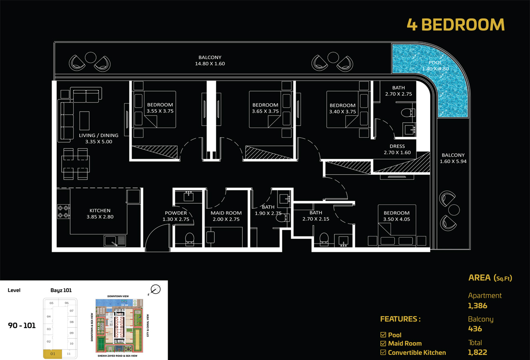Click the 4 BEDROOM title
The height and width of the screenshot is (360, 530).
coord(456,25)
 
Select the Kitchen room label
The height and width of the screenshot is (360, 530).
coord(100,210)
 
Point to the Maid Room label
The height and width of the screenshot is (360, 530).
coord(226,213)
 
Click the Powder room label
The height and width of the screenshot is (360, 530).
coord(176,213)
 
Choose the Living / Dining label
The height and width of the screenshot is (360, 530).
coord(98,136)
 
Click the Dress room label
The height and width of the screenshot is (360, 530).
coord(397,146)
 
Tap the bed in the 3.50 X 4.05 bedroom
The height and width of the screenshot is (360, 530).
coord(397,230)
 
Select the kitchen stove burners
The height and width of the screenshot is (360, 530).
coord(63,212)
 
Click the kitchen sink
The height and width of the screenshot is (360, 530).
coord(110,241)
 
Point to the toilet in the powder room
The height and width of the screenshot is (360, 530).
coord(190,239)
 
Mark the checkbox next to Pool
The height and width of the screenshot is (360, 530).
coord(383,335)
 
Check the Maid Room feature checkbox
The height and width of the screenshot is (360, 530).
coord(383,344)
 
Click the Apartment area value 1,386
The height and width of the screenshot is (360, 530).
coord(478,306)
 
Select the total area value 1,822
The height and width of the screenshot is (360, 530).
coord(478,353)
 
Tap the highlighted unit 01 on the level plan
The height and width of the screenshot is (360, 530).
coord(52,354)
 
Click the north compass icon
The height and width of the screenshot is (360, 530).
coord(155,290)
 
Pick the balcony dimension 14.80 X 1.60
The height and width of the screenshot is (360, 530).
coord(210,64)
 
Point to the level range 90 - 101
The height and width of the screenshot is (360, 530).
coord(22,326)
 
